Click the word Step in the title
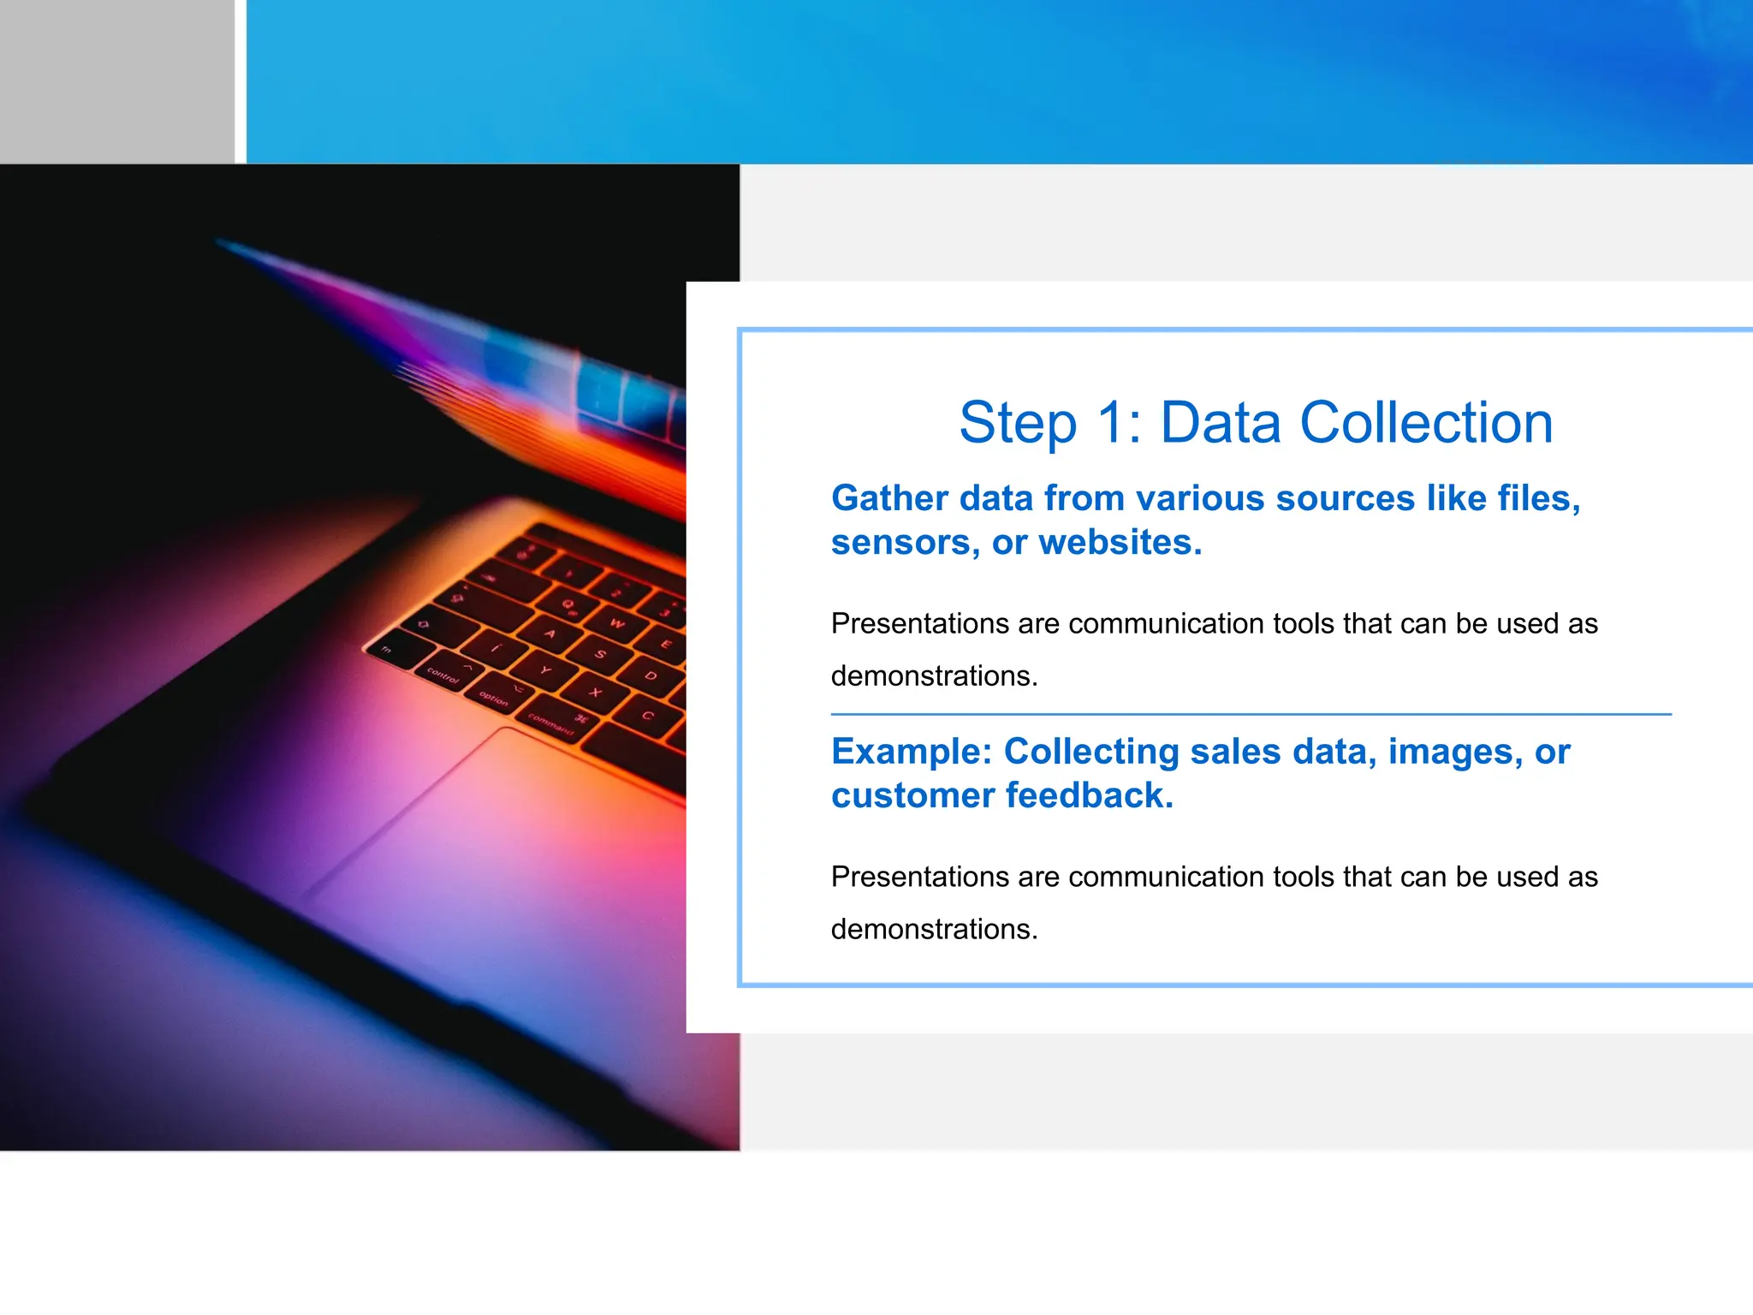click(1017, 423)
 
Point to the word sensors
click(904, 543)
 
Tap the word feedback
click(1089, 795)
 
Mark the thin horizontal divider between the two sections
click(1250, 714)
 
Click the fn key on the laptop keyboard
click(387, 650)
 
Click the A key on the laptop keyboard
click(550, 635)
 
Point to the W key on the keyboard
click(617, 623)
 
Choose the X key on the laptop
click(596, 692)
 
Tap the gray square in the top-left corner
click(116, 81)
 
